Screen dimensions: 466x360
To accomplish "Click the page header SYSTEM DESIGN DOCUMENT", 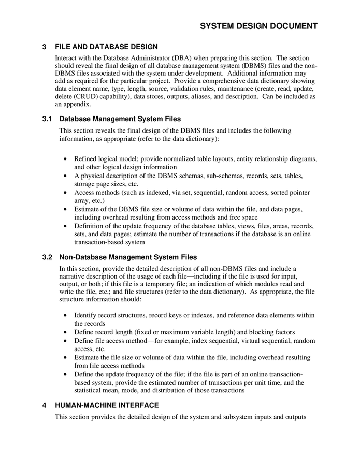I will (258, 26).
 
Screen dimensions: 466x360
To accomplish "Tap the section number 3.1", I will (47, 119).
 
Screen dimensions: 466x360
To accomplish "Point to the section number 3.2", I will (47, 257).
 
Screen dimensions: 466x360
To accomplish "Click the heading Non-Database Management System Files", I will (128, 257).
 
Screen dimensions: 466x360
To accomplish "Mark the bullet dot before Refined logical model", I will (64, 159).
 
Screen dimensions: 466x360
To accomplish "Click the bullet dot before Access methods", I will (64, 193).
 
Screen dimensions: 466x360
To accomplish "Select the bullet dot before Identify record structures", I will (64, 315).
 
